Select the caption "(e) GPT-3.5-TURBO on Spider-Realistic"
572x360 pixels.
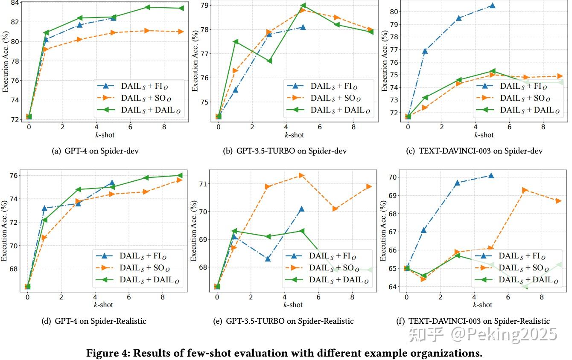(283, 321)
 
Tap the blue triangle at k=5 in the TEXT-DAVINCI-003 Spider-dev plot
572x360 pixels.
(492, 6)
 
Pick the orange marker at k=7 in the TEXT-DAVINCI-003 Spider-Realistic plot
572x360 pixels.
(525, 190)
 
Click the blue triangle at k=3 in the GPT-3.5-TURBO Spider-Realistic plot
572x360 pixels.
(268, 259)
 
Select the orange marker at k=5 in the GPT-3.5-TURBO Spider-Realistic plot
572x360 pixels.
(301, 175)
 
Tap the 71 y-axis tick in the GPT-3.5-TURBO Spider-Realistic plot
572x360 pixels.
(202, 184)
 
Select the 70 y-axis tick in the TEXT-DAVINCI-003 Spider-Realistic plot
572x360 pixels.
(392, 177)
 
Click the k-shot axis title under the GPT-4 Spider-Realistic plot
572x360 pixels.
(104, 305)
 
